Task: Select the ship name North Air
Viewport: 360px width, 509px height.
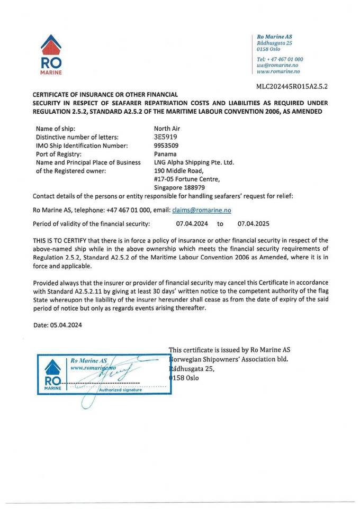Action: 167,129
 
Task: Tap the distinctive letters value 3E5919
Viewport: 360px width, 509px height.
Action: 164,137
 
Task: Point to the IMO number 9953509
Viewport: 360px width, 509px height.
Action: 166,146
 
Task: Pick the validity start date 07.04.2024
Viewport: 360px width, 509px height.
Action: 192,224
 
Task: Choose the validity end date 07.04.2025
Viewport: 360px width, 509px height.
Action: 255,224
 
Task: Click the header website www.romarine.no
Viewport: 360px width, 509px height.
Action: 278,71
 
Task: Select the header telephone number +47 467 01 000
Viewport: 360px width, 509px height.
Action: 285,59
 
